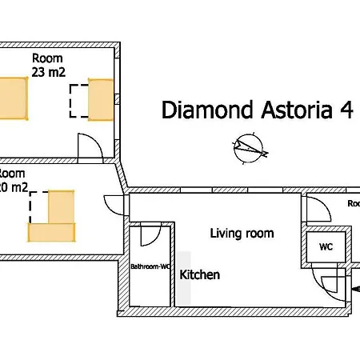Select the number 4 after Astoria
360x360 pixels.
[x=346, y=110]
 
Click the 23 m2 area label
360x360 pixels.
[x=48, y=72]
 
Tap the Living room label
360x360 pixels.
[x=242, y=234]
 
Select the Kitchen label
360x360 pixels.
[x=200, y=274]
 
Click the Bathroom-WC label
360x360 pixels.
[x=150, y=266]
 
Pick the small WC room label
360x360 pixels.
[x=326, y=247]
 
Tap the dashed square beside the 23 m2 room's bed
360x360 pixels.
[x=78, y=102]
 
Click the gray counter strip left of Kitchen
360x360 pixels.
[x=184, y=278]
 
